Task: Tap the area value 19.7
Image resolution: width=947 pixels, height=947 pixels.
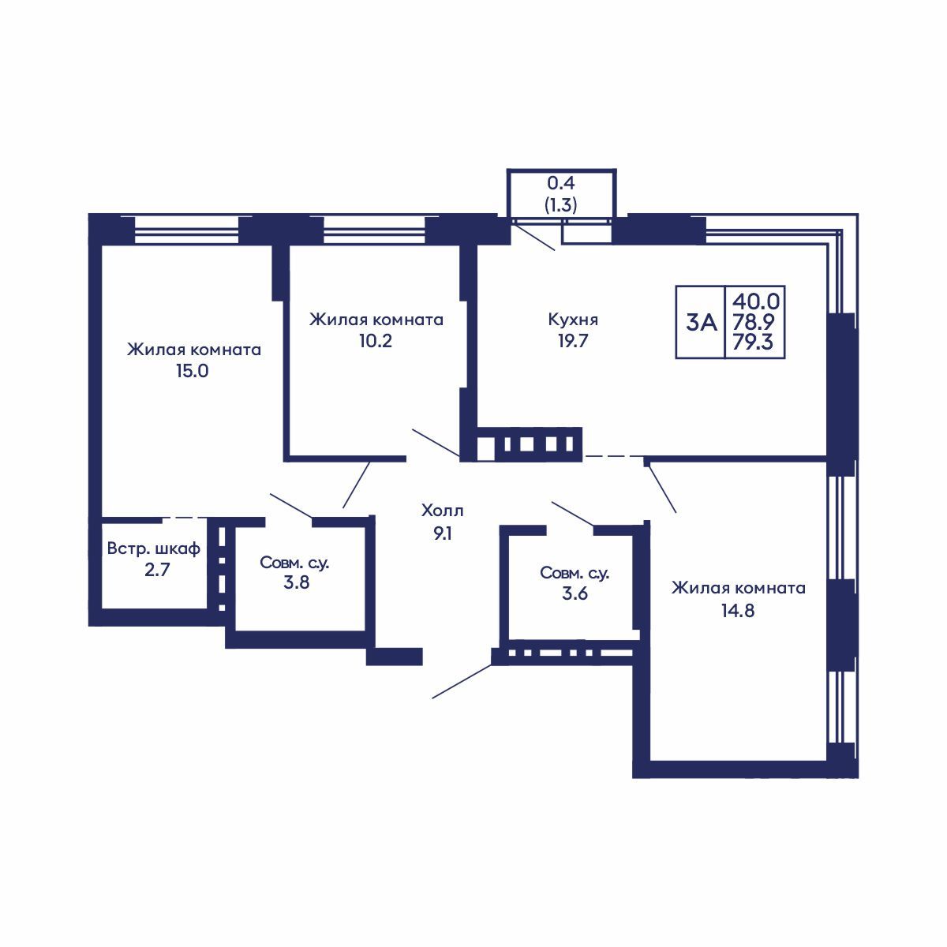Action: point(573,341)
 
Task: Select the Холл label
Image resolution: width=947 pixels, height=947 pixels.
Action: point(442,511)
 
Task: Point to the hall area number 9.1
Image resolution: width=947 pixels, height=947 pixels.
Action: point(442,533)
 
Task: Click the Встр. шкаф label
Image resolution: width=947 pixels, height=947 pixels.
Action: point(154,548)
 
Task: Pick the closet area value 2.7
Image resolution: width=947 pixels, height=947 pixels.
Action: point(157,570)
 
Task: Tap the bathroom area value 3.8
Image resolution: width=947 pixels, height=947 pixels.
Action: point(297,582)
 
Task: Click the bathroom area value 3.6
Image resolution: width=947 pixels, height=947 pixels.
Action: point(575,593)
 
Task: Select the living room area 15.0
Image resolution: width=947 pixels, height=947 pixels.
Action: point(192,371)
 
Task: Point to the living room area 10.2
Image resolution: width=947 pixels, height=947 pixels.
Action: point(376,341)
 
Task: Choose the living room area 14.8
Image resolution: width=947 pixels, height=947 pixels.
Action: point(738,610)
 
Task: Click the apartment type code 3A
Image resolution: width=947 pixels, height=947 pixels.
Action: point(702,323)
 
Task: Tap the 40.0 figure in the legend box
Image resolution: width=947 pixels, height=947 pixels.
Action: point(756,300)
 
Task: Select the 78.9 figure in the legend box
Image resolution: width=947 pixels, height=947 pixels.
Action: point(754,321)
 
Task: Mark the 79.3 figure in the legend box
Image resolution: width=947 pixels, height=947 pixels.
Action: point(753,342)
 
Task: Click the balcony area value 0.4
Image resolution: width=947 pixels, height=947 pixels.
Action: point(561,183)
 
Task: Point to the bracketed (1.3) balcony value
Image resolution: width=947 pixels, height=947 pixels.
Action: point(561,204)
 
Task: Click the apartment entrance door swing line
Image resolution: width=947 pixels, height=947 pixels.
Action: point(462,681)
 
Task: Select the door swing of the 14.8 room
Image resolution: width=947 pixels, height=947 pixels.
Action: point(661,487)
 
